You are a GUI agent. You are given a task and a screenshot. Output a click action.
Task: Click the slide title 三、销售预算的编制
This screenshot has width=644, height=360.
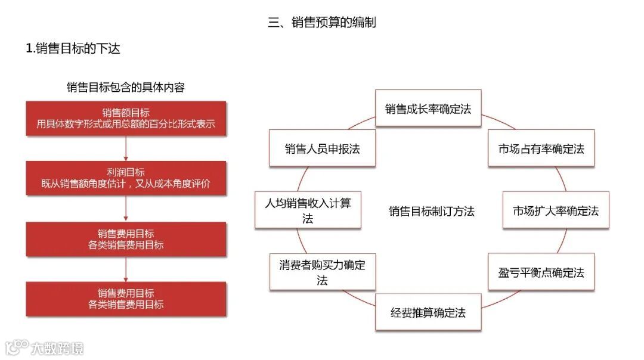[321, 23]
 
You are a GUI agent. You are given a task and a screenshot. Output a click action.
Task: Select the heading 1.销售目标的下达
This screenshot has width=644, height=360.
[73, 49]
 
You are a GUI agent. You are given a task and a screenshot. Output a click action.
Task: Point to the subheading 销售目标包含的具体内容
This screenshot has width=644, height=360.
[126, 88]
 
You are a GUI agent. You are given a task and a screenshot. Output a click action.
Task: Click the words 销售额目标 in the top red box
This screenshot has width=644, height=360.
[126, 113]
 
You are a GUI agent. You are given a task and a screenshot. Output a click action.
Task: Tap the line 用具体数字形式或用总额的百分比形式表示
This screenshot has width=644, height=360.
[126, 125]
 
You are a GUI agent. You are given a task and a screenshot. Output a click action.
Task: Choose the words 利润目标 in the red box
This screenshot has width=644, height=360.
[126, 172]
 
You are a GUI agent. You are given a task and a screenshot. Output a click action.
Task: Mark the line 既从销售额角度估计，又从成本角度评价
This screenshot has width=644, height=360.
[126, 184]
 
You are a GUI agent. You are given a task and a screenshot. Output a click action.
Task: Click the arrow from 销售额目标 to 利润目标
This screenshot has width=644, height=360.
[126, 148]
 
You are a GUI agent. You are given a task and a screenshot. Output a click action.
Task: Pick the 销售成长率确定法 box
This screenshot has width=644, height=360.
[428, 108]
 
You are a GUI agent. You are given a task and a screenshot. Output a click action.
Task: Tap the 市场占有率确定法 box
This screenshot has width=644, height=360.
[541, 149]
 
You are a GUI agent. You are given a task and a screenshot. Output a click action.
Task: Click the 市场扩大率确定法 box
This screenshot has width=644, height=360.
[556, 210]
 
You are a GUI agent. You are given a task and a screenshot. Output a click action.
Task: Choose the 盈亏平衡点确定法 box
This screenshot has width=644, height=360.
[541, 272]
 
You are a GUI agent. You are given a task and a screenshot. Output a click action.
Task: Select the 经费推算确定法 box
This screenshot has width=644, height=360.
[428, 312]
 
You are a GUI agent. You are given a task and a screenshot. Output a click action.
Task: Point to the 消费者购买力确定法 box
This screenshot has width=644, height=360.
[322, 272]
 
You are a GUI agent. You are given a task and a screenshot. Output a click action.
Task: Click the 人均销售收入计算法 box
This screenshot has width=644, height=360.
[308, 210]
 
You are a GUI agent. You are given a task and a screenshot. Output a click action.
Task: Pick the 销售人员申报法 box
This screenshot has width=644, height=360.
[322, 149]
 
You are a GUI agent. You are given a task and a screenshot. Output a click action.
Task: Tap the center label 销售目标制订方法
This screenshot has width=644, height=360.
[432, 211]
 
